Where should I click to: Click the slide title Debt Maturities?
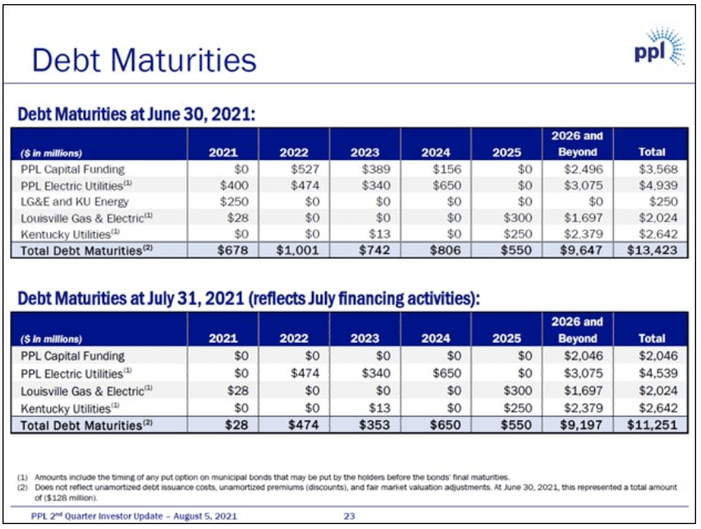(x=144, y=60)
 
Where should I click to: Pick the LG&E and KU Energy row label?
(x=75, y=202)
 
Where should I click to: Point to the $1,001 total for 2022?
(x=297, y=250)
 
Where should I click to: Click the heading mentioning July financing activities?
(x=248, y=299)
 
